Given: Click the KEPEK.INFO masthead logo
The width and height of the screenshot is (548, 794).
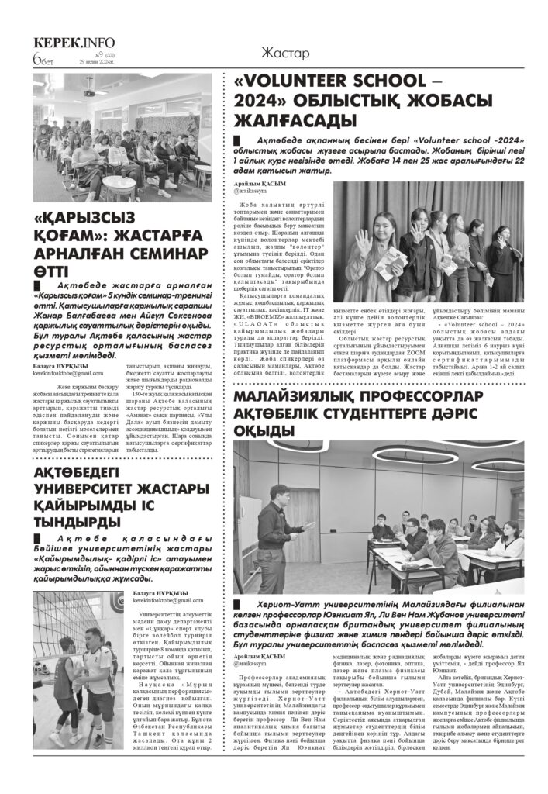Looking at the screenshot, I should click(74, 43).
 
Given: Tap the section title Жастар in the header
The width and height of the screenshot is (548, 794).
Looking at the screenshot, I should click(285, 54).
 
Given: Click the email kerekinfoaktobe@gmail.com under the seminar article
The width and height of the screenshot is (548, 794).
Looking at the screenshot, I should click(74, 373).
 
